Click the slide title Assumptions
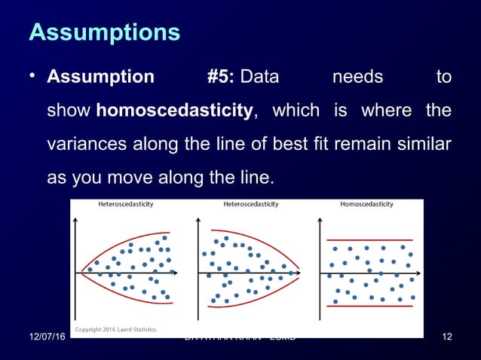pos(104,32)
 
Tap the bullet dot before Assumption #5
pos(34,77)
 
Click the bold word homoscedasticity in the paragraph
pos(174,111)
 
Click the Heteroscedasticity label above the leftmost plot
pos(126,204)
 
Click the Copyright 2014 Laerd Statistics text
pos(115,329)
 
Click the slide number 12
pos(446,336)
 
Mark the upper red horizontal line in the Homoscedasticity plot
pos(369,240)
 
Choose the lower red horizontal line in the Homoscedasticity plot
pos(369,306)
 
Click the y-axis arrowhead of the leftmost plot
pos(75,220)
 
